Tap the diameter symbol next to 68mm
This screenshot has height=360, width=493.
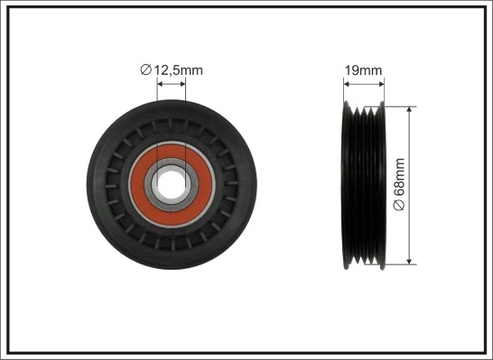click(400, 206)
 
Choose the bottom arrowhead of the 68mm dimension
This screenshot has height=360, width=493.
click(411, 261)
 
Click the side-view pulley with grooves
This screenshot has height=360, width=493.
click(364, 185)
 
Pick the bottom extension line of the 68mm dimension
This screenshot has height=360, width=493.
click(402, 264)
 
